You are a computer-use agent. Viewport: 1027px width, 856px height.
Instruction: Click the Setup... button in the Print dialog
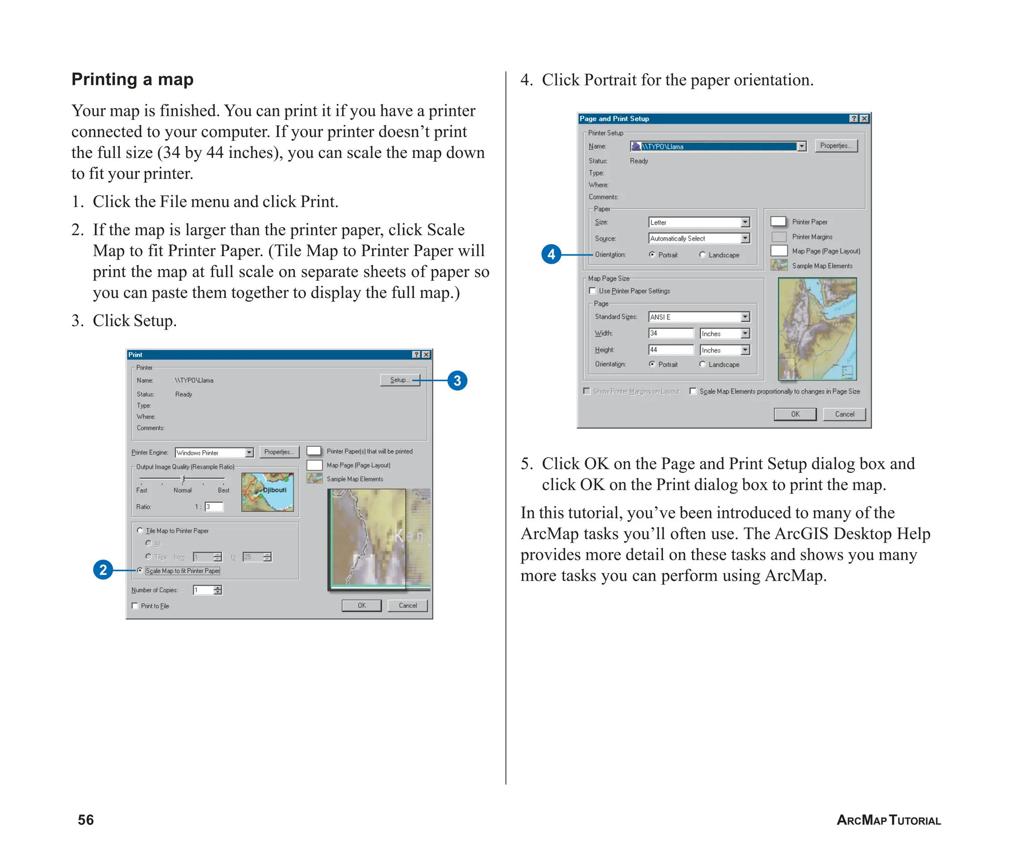coord(400,380)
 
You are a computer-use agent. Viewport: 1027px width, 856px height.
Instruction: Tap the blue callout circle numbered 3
coord(457,381)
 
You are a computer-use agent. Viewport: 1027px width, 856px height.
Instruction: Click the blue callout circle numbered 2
coord(103,570)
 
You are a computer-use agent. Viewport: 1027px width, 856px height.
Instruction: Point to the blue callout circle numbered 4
coord(551,254)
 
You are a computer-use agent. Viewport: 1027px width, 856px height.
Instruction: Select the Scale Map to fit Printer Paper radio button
coord(140,571)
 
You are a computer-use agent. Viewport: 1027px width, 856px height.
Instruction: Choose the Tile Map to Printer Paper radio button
coord(140,531)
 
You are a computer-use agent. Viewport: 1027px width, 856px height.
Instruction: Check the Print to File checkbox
coord(135,606)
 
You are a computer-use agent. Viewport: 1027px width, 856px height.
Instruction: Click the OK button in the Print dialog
coord(362,605)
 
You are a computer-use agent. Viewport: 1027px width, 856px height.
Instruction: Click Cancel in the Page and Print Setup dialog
coord(844,414)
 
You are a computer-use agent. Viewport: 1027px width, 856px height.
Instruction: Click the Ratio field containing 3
coord(214,507)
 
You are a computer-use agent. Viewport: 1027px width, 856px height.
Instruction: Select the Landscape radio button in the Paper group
coord(703,255)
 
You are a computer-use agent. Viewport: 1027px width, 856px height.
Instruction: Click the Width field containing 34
coord(670,333)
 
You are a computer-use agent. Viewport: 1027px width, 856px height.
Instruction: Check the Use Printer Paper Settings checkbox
coord(592,291)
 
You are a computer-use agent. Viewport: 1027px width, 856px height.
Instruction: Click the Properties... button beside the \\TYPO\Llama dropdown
coord(836,146)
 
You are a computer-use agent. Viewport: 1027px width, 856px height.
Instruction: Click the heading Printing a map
coord(132,80)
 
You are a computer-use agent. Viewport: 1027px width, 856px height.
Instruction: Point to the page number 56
coord(86,819)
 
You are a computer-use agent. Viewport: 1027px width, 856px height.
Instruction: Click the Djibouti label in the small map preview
coord(275,490)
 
